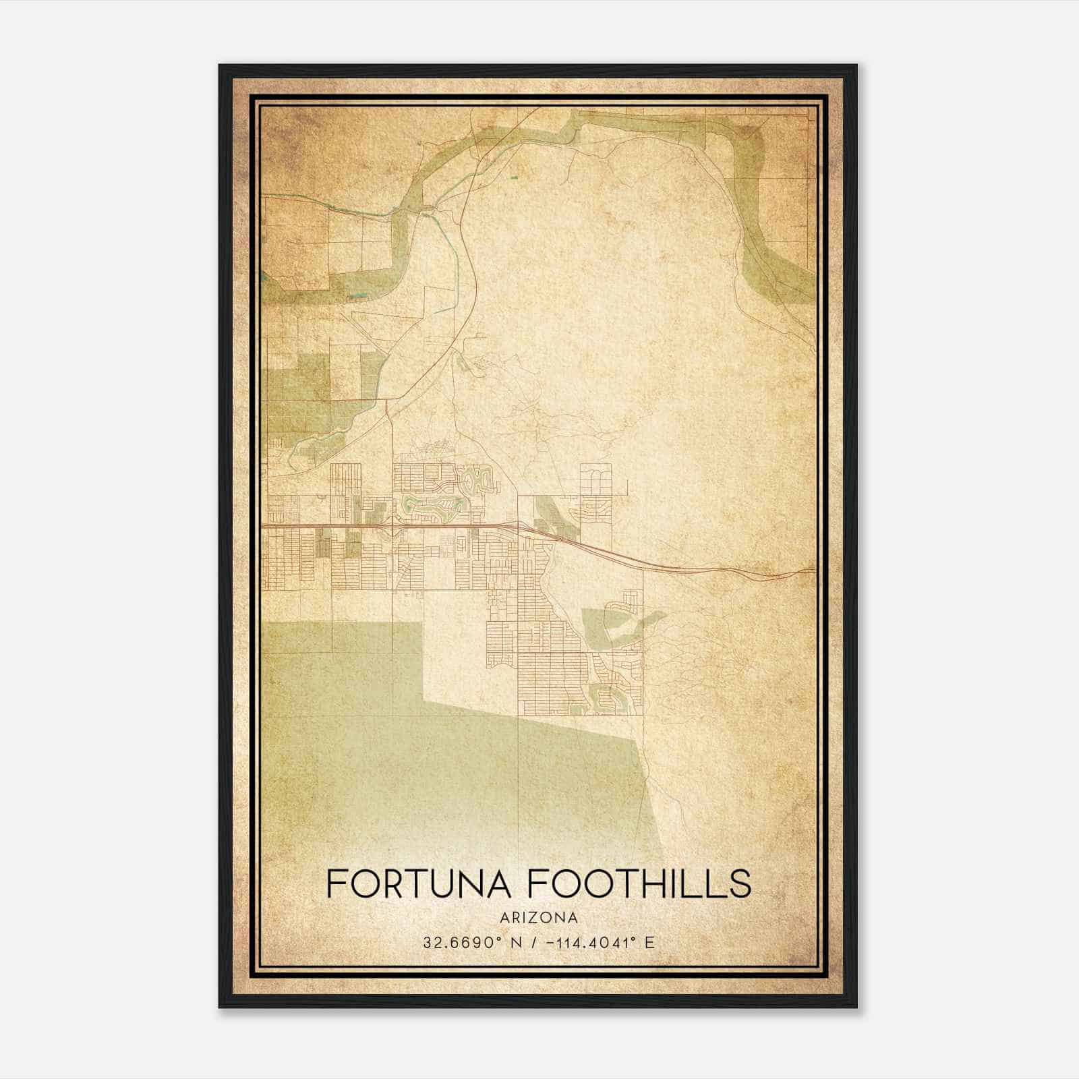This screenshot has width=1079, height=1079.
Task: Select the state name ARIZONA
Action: tap(539, 918)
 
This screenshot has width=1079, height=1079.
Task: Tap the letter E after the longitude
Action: tap(649, 942)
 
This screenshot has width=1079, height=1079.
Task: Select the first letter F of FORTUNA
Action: tap(337, 883)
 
